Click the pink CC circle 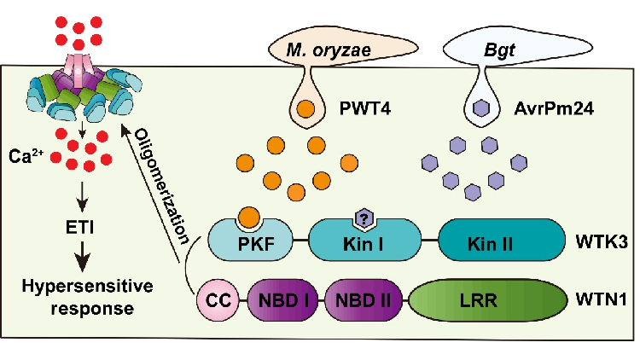click(x=215, y=302)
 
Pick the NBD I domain click(x=283, y=302)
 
